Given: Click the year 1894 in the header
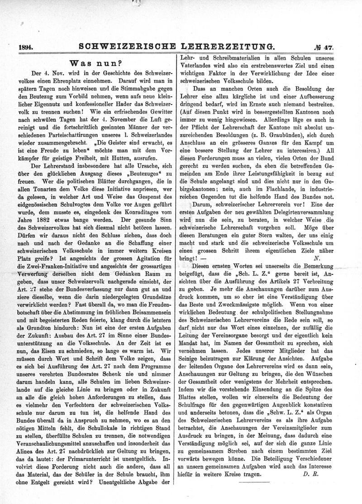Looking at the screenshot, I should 28,46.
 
